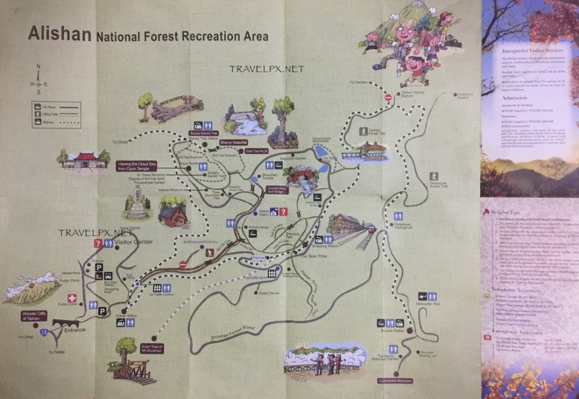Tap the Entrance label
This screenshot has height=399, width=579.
pyautogui.click(x=75, y=330)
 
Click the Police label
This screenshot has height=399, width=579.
pyautogui.click(x=258, y=258)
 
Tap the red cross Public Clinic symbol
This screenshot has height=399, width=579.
pyautogui.click(x=72, y=298)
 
